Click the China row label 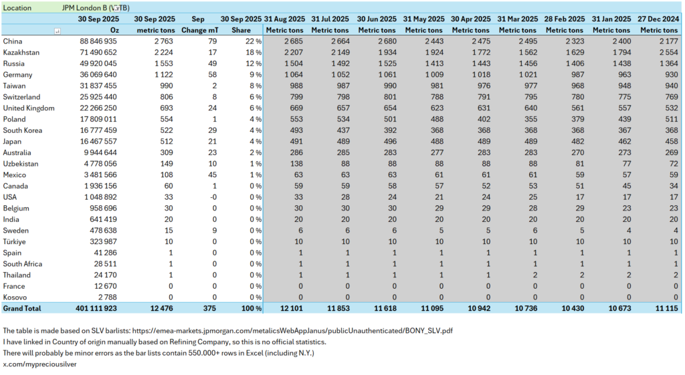[13, 41]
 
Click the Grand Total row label [22, 308]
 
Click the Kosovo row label [15, 297]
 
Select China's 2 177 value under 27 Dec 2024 [667, 41]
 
